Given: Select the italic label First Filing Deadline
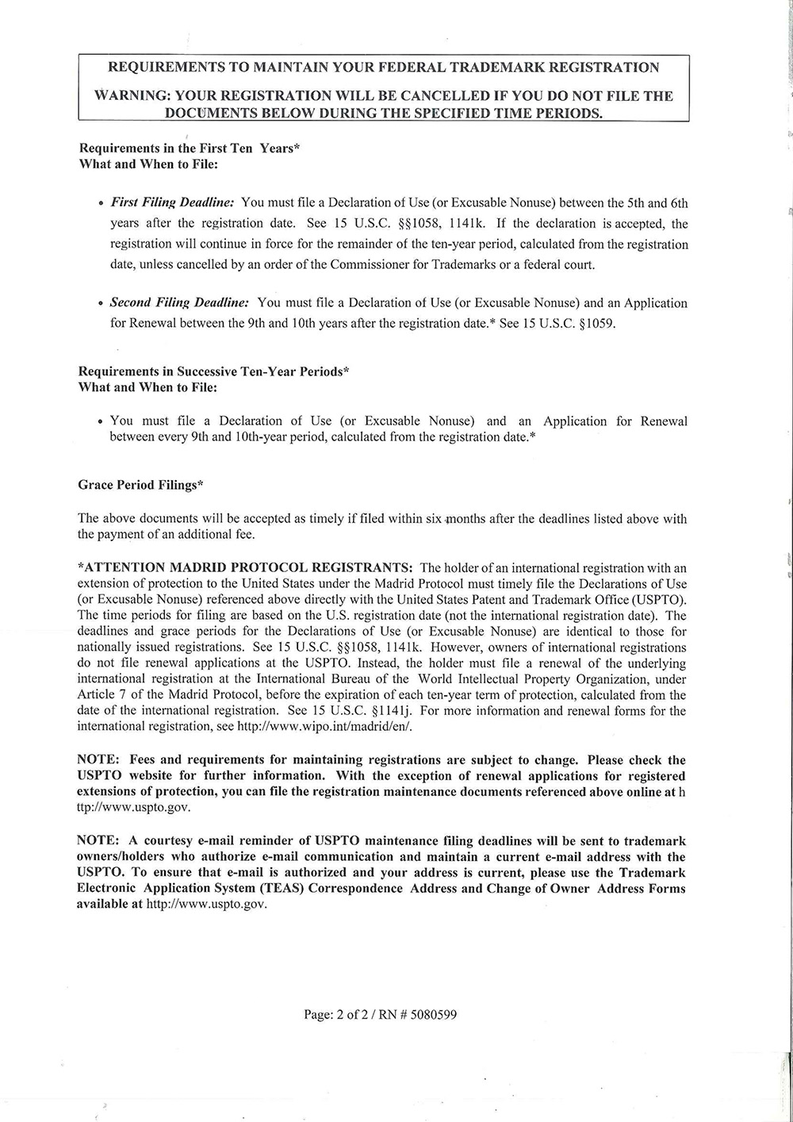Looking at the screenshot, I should click(171, 203).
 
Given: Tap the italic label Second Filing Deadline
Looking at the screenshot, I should click(180, 302).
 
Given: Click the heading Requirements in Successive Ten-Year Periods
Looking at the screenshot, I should click(214, 371).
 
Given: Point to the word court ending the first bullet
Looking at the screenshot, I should click(579, 264).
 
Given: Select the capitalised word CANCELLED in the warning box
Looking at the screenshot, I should click(438, 96).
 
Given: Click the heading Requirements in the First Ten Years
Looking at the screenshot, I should click(189, 148).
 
